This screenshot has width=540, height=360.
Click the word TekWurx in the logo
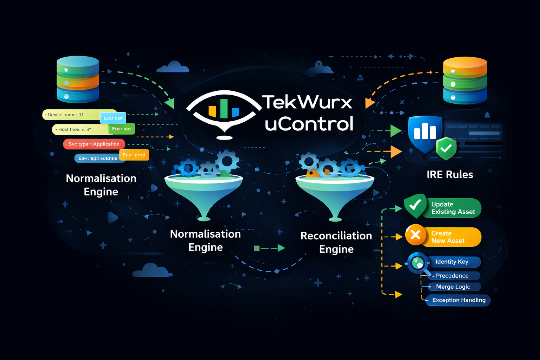pyautogui.click(x=307, y=102)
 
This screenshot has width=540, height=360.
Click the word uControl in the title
pyautogui.click(x=309, y=124)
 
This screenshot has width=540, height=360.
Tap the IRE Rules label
pyautogui.click(x=450, y=174)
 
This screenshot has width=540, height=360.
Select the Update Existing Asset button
pyautogui.click(x=452, y=208)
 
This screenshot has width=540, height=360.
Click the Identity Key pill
pyautogui.click(x=452, y=262)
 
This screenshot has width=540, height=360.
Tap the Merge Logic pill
pyautogui.click(x=453, y=287)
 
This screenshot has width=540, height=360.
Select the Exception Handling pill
pyautogui.click(x=458, y=300)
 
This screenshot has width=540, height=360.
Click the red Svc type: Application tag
pyautogui.click(x=94, y=144)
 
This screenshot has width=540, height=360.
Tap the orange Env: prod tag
pyautogui.click(x=134, y=155)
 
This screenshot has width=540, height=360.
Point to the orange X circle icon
pyautogui.click(x=416, y=235)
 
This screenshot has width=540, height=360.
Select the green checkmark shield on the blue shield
pyautogui.click(x=446, y=148)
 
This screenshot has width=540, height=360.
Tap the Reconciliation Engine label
pyautogui.click(x=336, y=242)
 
